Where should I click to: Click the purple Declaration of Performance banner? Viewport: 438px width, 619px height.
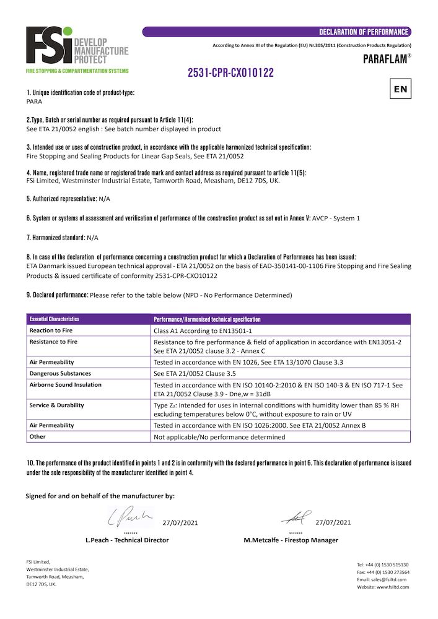click(x=276, y=32)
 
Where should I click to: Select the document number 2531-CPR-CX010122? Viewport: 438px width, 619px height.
click(x=231, y=73)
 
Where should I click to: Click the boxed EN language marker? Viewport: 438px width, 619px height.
click(x=400, y=89)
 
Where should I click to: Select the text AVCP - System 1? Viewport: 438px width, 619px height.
click(x=336, y=219)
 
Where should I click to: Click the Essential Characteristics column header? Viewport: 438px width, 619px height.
click(x=55, y=319)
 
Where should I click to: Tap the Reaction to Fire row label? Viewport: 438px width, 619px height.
click(x=51, y=331)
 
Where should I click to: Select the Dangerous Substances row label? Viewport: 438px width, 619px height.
click(x=60, y=373)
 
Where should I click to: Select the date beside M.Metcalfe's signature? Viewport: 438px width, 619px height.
click(x=333, y=522)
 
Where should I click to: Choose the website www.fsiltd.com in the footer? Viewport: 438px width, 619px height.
click(x=382, y=587)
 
